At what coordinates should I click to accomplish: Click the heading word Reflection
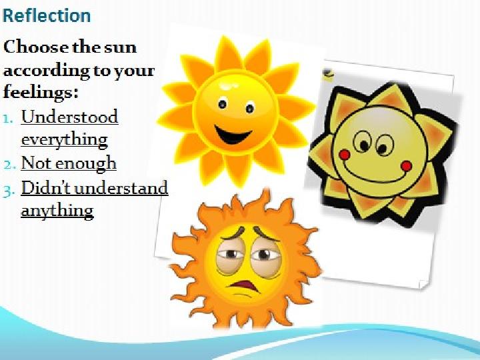point(47,15)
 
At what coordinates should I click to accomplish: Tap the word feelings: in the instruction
point(41,93)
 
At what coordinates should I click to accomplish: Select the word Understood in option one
point(69,117)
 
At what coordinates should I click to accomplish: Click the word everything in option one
point(64,140)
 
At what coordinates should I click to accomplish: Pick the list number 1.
point(9,119)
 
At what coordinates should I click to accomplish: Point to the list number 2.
point(9,165)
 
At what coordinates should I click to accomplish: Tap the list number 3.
point(9,191)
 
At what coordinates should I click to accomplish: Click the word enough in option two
point(86,163)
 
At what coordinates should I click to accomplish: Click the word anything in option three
point(57,211)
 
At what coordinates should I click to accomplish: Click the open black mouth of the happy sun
point(233,135)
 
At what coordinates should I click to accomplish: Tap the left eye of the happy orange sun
point(223,105)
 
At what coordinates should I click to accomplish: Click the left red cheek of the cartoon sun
point(345,155)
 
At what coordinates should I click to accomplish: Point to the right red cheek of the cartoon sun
point(407,166)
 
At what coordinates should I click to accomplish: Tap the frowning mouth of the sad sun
point(243,286)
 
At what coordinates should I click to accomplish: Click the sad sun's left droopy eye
point(229,255)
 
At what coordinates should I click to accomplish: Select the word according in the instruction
point(46,71)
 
